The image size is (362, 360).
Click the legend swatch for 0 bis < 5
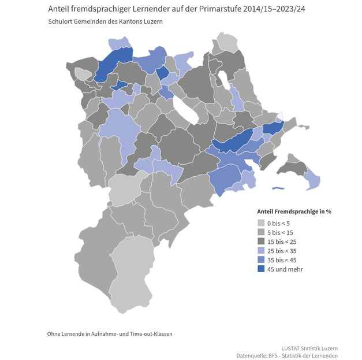click(260, 223)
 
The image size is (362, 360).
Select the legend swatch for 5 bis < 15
click(260, 232)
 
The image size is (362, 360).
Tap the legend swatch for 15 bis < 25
click(260, 242)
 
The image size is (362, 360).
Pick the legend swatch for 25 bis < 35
click(260, 251)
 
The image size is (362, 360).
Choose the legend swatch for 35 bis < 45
click(260, 260)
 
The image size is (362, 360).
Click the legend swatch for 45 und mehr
click(260, 269)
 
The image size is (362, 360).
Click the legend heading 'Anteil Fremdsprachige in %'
click(294, 211)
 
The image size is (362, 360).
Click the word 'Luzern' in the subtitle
click(153, 22)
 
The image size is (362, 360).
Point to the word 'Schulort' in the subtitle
click(60, 22)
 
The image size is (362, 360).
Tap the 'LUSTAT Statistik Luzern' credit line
click(309, 348)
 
